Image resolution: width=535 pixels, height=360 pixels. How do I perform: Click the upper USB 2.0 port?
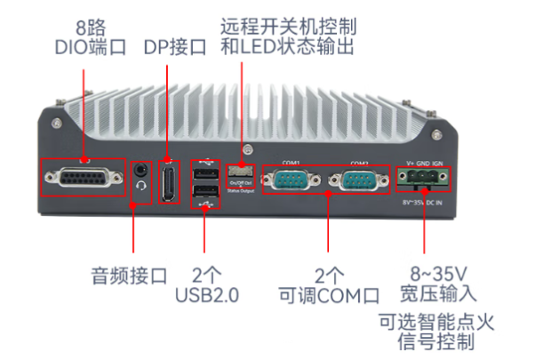tap(204, 173)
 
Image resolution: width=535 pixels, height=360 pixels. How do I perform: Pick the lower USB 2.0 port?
tap(204, 194)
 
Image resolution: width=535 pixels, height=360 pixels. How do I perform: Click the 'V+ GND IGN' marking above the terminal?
tap(423, 163)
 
